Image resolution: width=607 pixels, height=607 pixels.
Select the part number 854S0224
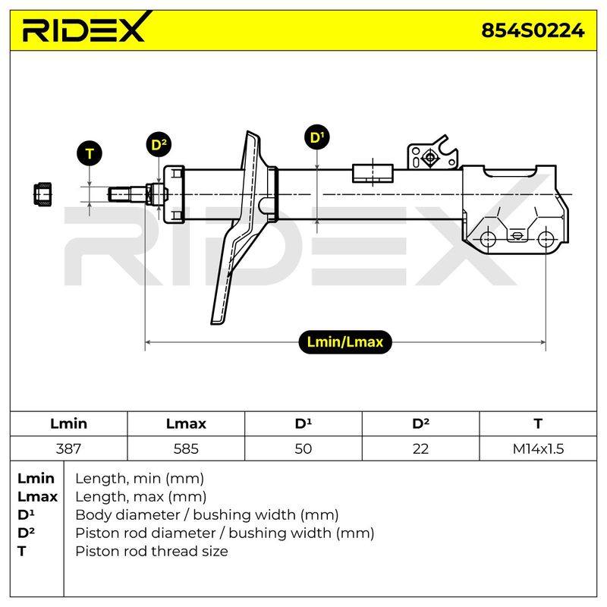pos(533,30)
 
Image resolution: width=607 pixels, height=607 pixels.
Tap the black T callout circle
pos(90,154)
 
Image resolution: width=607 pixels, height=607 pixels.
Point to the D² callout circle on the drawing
pos(159,144)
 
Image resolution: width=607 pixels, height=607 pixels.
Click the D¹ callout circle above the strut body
pos(317,137)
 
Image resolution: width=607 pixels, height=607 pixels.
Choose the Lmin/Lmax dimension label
pos(345,342)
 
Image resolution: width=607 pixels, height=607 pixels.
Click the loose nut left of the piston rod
pos(42,194)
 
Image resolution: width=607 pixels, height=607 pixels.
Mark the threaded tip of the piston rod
pos(119,194)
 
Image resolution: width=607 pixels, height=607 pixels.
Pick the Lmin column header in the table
pos(68,423)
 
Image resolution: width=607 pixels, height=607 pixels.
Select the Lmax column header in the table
pos(186,423)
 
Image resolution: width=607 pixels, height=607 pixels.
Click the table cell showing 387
pos(68,448)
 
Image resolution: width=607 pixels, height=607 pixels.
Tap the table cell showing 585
pos(186,448)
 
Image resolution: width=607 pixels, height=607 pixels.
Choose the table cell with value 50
pos(303,448)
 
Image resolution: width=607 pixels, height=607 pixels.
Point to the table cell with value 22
pos(420,448)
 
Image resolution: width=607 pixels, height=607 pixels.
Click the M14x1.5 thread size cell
pos(538,448)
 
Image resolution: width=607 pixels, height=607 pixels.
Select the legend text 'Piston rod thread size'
pos(151,551)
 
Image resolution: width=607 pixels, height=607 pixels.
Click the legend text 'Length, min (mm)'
pos(140,479)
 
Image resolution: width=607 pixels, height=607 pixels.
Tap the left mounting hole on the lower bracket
pos(488,239)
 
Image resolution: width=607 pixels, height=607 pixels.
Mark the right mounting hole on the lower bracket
pos(546,239)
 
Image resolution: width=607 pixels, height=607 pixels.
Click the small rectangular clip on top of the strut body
pos(373,173)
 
